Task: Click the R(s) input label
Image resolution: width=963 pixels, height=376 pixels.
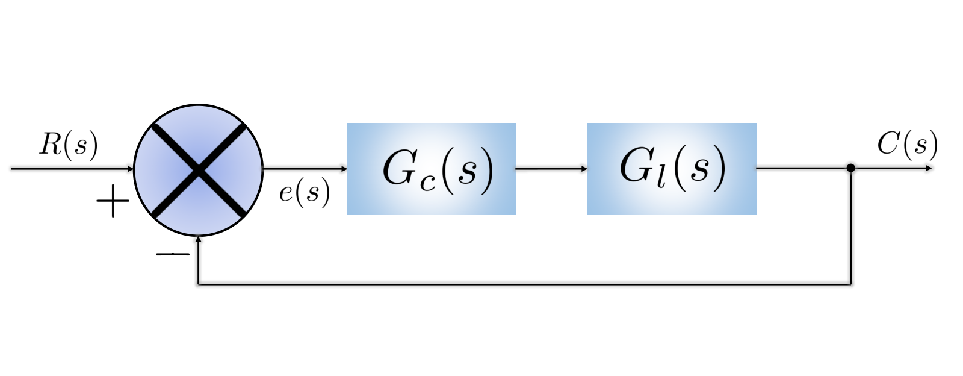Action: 69,145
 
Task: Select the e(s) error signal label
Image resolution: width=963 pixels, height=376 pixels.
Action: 305,192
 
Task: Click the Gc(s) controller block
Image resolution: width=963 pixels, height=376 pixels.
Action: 431,169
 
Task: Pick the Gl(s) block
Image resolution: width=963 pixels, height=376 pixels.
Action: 672,169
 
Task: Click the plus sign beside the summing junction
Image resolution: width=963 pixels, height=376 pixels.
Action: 113,201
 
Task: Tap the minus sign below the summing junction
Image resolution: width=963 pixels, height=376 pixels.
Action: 172,254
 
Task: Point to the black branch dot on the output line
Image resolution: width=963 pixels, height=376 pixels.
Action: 851,168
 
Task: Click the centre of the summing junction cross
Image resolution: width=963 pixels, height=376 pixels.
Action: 199,171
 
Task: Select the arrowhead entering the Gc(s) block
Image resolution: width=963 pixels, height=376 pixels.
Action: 344,169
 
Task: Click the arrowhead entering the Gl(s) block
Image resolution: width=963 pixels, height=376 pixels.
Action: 584,169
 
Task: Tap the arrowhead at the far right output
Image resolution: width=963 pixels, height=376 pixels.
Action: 929,168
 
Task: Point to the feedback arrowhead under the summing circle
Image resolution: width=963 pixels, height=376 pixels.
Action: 198,239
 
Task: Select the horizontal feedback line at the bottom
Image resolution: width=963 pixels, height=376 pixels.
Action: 524,284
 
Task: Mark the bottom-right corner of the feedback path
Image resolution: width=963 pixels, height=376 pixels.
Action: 851,284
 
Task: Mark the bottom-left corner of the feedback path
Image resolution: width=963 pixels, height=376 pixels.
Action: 198,284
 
